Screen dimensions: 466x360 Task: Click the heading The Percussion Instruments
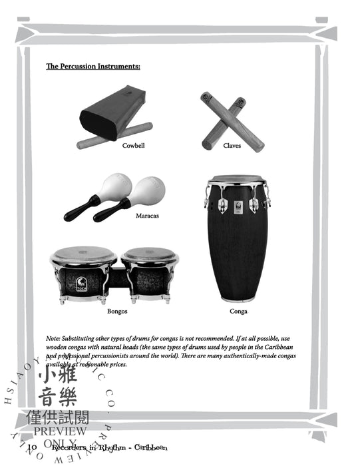click(x=92, y=67)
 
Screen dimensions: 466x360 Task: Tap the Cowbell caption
click(x=133, y=145)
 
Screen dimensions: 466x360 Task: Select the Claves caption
click(x=232, y=145)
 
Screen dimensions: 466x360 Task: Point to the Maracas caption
click(x=146, y=216)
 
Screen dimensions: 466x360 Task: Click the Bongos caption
click(x=117, y=311)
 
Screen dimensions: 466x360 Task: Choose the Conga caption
click(x=238, y=311)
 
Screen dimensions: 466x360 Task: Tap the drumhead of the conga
click(x=238, y=180)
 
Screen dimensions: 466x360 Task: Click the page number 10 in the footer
click(x=33, y=447)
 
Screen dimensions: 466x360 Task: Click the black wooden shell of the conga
click(x=238, y=253)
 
